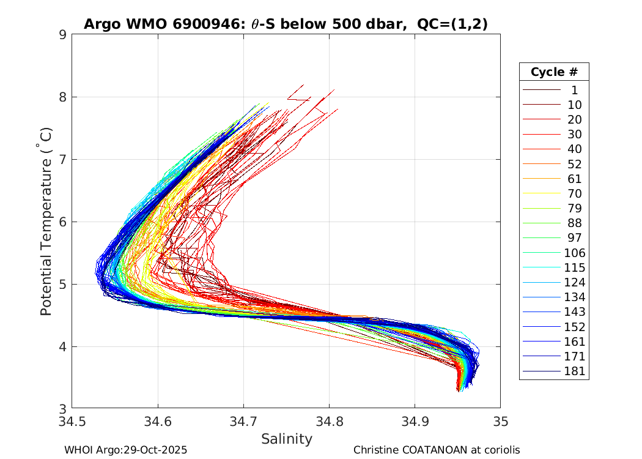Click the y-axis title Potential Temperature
[46, 222]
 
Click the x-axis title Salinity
[286, 439]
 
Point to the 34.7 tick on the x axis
[243, 421]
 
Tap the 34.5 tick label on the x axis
[72, 421]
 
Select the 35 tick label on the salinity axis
[500, 421]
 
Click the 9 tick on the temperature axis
[62, 34]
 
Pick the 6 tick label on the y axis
[62, 222]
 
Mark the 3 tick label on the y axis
[62, 408]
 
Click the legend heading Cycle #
[554, 72]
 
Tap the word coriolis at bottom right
[500, 450]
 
